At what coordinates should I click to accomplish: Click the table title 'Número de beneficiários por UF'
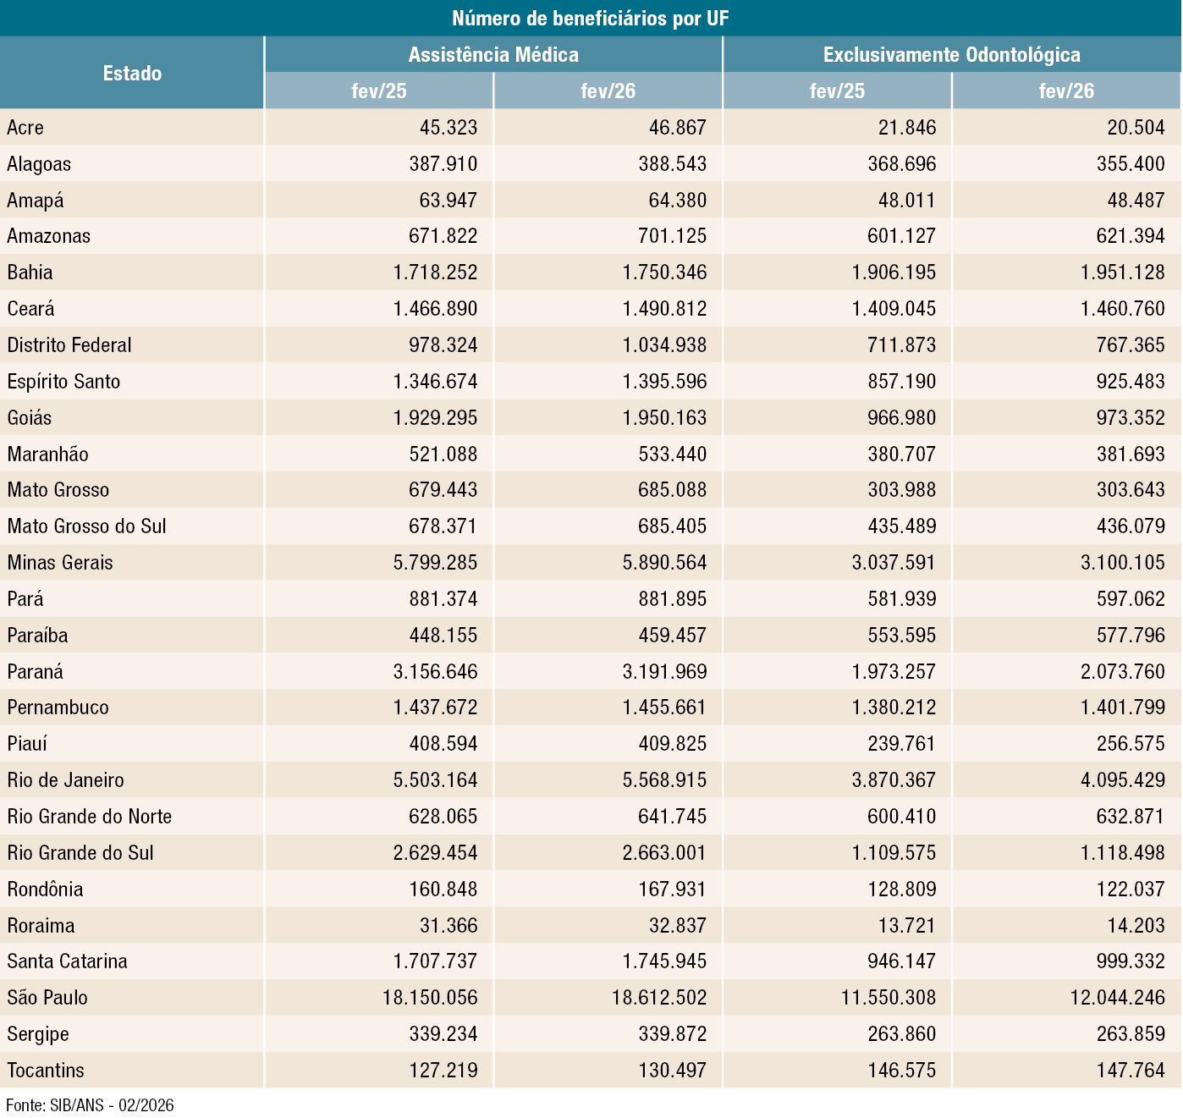coord(590,18)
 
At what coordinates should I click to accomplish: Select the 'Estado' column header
coord(132,73)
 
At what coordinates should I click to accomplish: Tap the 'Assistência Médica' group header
coord(493,54)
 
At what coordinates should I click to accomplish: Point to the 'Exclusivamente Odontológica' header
coord(951,54)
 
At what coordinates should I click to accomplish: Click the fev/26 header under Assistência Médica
coord(608,91)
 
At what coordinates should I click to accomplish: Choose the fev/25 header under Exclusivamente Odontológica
coord(837,91)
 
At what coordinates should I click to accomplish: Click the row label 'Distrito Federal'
coord(69,344)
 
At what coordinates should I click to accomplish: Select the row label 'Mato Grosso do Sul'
coord(86,526)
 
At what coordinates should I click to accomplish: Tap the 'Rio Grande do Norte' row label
coord(90,816)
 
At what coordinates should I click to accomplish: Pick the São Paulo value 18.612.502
coord(659,997)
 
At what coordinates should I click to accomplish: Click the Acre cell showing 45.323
coord(448,127)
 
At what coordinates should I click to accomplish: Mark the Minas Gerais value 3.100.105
coord(1122,562)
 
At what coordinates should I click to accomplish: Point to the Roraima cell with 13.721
coord(907,925)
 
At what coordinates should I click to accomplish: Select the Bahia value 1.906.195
coord(894,272)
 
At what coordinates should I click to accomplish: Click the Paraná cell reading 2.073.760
coord(1122,671)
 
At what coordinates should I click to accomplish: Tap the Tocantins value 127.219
coord(443,1070)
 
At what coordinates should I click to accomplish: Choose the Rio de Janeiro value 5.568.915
coord(664,779)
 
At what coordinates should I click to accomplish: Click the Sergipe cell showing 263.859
coord(1131,1033)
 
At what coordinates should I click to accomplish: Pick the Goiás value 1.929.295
coord(435,417)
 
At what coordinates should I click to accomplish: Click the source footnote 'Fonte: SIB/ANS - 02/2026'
coord(90,1104)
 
